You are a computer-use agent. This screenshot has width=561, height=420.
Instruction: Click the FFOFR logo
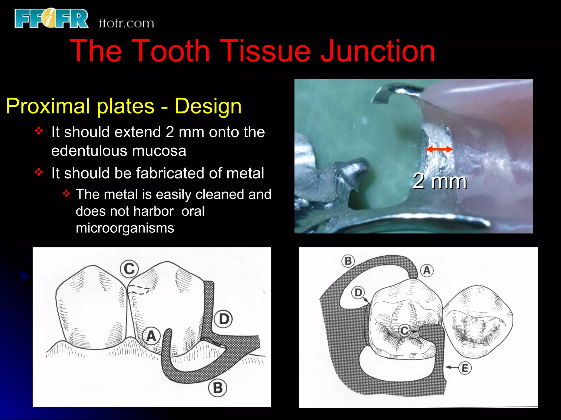point(51,18)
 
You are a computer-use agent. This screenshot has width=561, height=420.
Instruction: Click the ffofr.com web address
point(126,23)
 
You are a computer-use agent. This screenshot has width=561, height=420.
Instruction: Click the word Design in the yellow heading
point(208,106)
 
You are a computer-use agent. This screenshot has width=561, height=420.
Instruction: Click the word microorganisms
point(125,228)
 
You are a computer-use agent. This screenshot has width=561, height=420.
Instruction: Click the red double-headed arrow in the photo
point(439,149)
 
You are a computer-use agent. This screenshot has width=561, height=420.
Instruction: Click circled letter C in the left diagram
point(129,269)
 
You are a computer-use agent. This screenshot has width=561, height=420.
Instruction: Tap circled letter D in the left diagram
point(224,319)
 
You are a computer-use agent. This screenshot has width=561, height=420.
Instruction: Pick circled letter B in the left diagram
point(217,388)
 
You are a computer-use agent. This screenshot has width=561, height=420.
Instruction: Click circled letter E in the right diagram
point(465,368)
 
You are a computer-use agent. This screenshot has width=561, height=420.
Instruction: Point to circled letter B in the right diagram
point(348,261)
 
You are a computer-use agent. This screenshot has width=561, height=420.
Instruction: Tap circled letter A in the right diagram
point(427,270)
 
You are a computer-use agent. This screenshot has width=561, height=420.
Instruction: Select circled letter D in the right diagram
point(358,293)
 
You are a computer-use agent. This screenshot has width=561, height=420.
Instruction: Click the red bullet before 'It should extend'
point(39,131)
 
